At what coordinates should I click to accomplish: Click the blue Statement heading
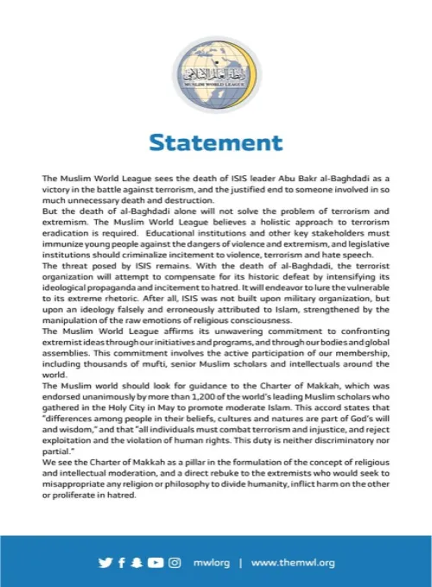[x=215, y=142]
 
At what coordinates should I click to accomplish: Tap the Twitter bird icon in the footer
[x=105, y=562]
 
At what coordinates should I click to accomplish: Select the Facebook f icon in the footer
[x=122, y=562]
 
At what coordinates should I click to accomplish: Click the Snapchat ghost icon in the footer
[x=137, y=562]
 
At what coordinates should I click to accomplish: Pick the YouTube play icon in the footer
[x=156, y=562]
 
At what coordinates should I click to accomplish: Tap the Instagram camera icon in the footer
[x=175, y=562]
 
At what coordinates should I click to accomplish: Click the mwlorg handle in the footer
[x=212, y=562]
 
